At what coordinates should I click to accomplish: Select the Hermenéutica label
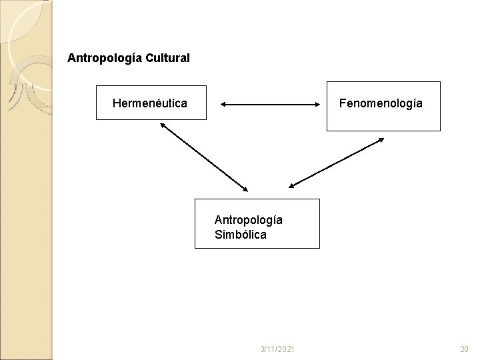149,103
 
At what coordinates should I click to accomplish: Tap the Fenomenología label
380,103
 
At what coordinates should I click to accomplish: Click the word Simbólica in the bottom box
240,235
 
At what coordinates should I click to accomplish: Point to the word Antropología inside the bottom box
248,219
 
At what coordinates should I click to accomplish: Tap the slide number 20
464,349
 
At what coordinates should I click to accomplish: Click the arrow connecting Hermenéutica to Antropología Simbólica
203,156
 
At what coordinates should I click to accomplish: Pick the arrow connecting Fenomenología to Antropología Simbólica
336,163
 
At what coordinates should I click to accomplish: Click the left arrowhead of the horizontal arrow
223,105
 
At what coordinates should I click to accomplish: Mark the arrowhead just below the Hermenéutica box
162,124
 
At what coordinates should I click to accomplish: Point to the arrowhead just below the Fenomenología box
381,139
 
